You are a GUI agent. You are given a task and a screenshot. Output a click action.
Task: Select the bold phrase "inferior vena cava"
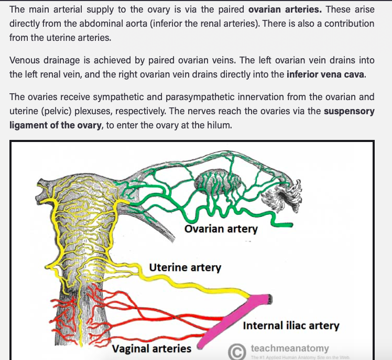(x=325, y=74)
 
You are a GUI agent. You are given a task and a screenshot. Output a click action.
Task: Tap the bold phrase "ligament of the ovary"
(x=55, y=125)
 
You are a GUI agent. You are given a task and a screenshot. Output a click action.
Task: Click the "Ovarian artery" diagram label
(x=221, y=229)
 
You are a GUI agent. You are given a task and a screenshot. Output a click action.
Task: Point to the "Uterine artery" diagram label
(x=185, y=268)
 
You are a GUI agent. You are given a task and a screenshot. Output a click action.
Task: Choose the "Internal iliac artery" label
(x=291, y=325)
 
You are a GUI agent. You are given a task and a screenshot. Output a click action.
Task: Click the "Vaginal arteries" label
(x=152, y=348)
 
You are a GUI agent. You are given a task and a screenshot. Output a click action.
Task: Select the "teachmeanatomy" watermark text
(x=290, y=347)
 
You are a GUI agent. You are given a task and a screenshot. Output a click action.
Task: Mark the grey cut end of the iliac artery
(x=269, y=299)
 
